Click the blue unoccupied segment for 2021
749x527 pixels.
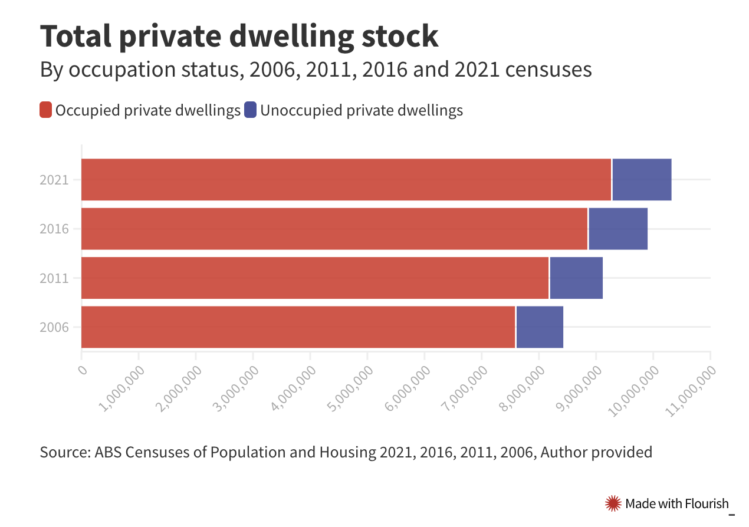pyautogui.click(x=642, y=180)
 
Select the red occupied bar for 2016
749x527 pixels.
pyautogui.click(x=334, y=229)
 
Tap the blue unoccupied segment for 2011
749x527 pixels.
pyautogui.click(x=576, y=278)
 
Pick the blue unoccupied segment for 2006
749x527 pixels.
pyautogui.click(x=539, y=327)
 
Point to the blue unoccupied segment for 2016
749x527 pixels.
pyautogui.click(x=617, y=229)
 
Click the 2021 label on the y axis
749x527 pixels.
pyautogui.click(x=54, y=180)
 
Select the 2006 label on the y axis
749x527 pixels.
pyautogui.click(x=54, y=327)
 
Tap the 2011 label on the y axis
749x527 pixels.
pyautogui.click(x=54, y=278)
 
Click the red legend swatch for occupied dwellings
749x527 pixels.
pyautogui.click(x=46, y=110)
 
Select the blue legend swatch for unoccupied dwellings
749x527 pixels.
pyautogui.click(x=251, y=110)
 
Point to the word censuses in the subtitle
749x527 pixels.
pyautogui.click(x=550, y=70)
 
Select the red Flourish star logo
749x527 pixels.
pyautogui.click(x=613, y=503)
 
